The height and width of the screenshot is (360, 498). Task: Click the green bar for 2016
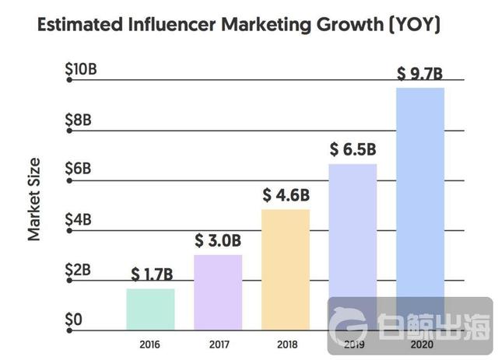point(150,309)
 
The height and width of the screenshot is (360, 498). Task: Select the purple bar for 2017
point(218,292)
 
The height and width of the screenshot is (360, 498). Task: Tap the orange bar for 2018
point(286,270)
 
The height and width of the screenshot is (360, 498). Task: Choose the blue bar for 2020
point(420,194)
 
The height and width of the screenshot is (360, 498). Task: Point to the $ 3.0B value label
point(218,241)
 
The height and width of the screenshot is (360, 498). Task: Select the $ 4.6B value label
point(286,195)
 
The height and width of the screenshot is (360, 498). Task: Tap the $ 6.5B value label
point(353,149)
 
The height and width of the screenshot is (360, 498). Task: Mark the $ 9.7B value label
point(420,74)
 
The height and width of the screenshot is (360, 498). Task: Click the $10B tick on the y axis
point(80,69)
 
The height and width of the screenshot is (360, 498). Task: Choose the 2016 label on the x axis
point(150,342)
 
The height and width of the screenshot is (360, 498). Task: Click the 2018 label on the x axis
point(286,342)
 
